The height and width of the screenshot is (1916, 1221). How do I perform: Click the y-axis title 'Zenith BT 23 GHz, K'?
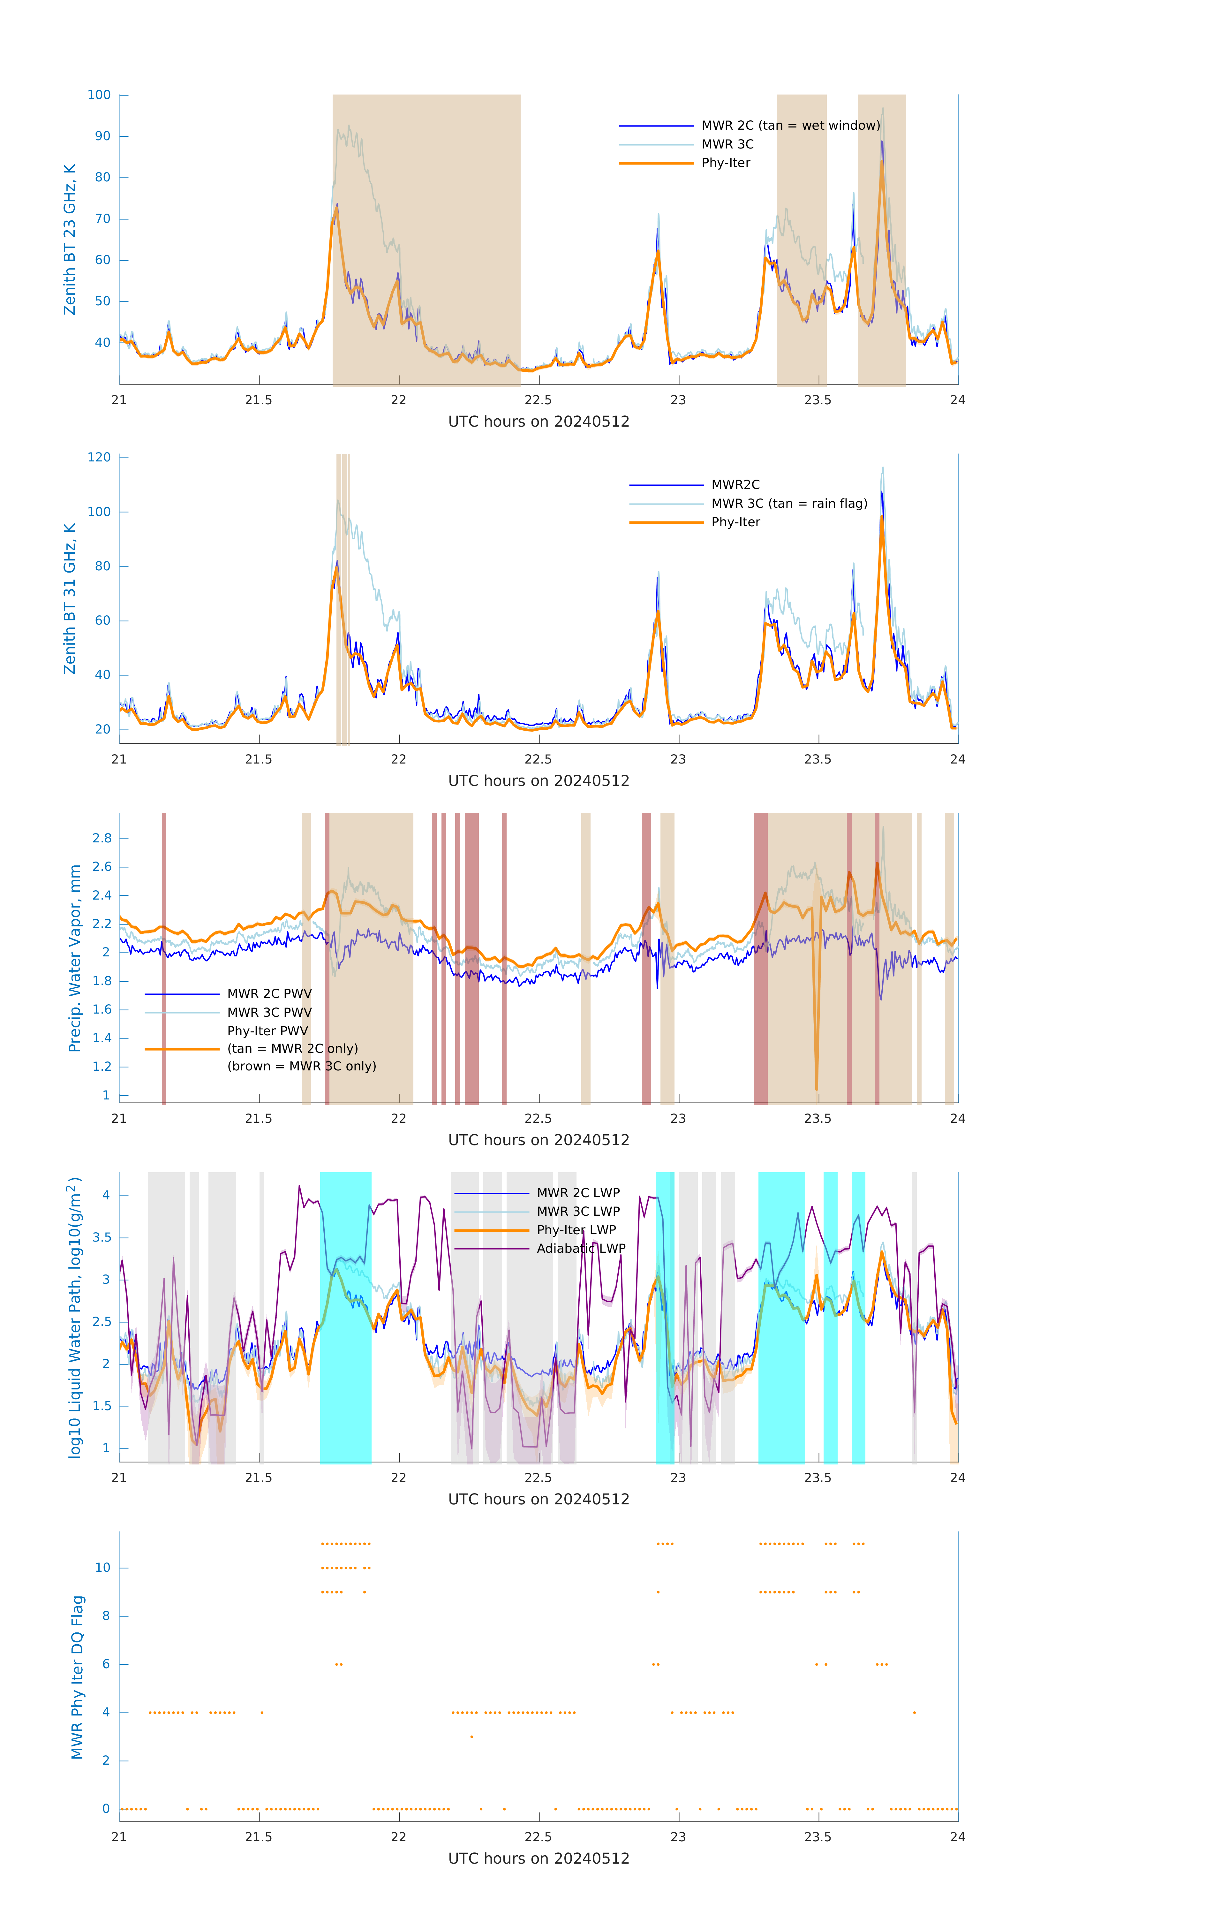(70, 240)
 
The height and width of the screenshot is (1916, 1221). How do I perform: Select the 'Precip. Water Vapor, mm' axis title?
(75, 958)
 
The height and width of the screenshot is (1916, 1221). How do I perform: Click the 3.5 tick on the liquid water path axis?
(100, 1237)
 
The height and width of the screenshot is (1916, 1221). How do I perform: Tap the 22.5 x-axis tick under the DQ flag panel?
(538, 1836)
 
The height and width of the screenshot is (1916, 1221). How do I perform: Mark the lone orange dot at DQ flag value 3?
(472, 1736)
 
